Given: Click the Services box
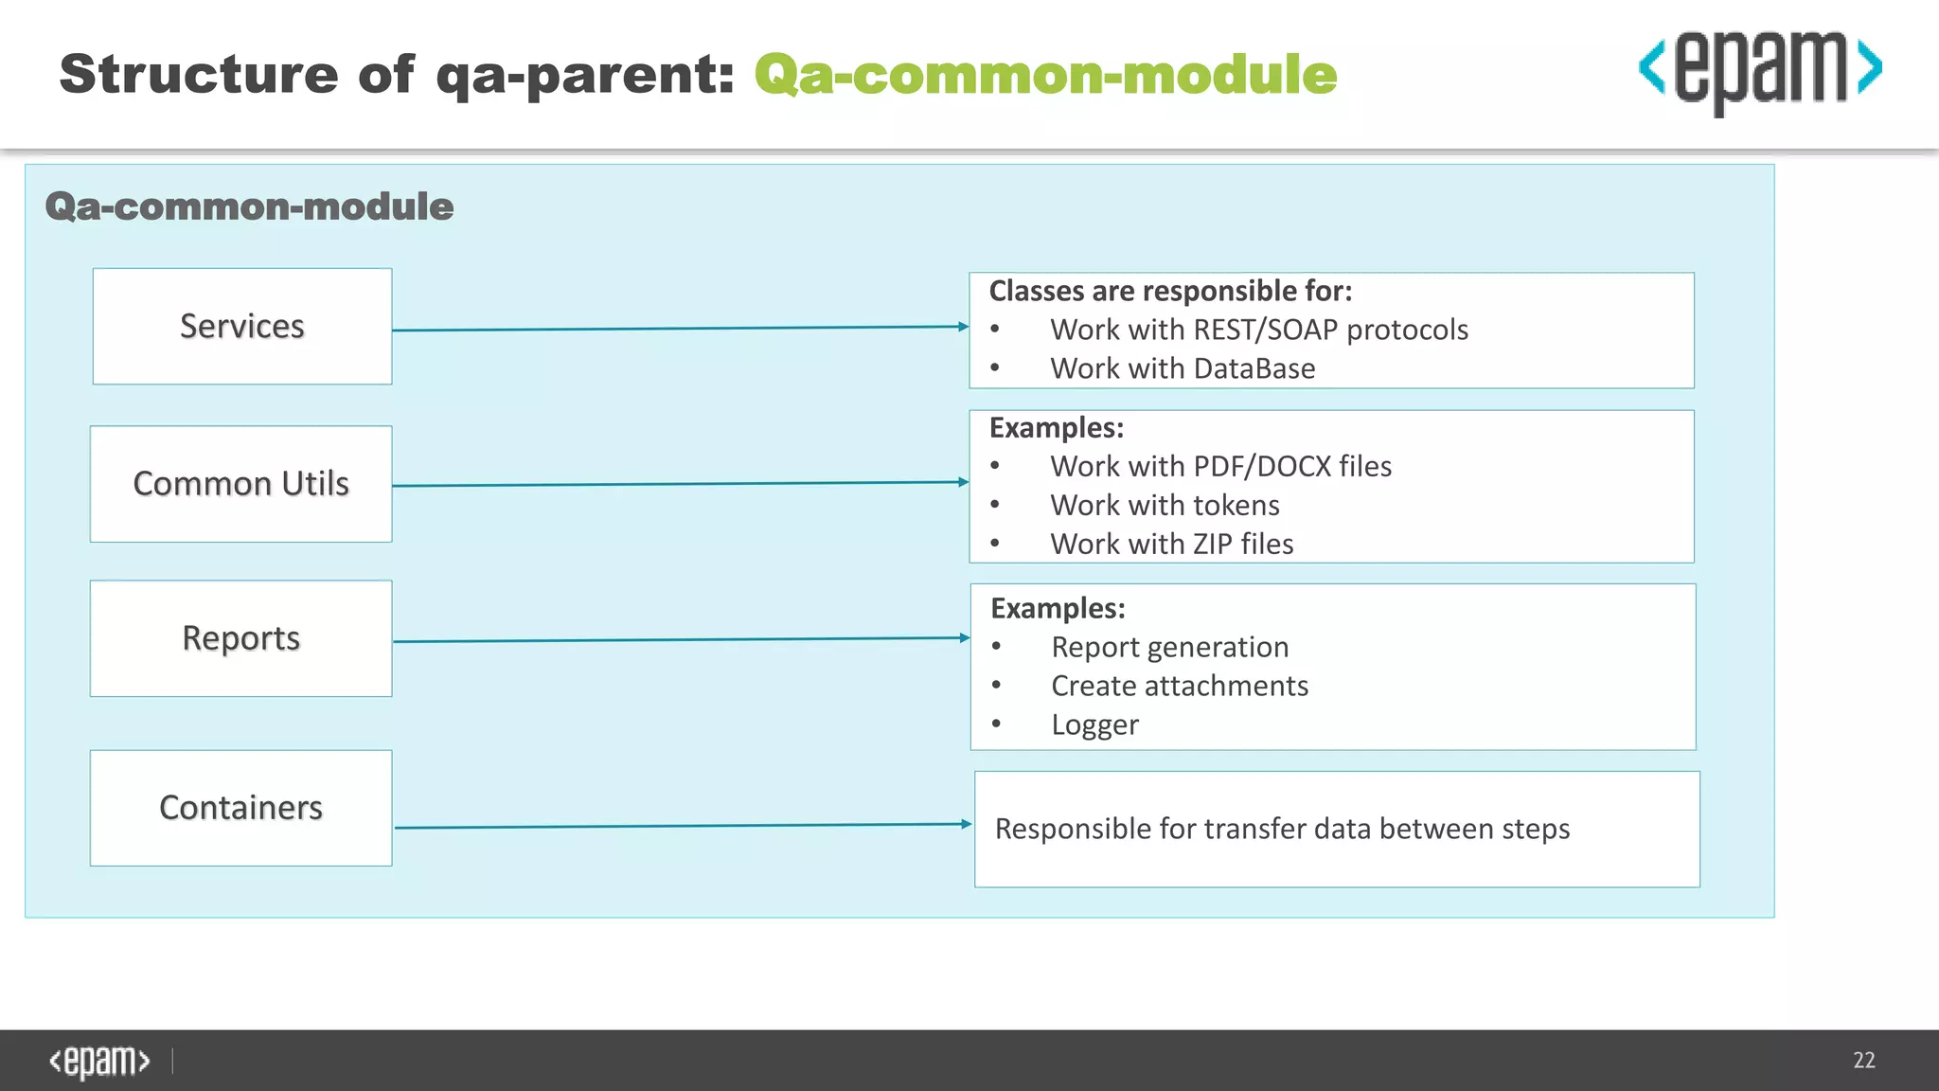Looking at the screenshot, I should click(x=242, y=327).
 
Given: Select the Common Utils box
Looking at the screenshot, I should click(x=241, y=484).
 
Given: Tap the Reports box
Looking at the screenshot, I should click(x=241, y=638).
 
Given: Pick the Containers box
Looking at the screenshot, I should click(x=241, y=808).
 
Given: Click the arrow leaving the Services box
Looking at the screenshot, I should click(x=680, y=329).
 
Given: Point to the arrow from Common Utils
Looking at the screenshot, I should click(x=680, y=484).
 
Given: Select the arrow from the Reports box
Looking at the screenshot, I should click(x=680, y=639).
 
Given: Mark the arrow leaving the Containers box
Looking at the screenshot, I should click(x=682, y=826).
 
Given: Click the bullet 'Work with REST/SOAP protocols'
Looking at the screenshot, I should click(x=1258, y=330).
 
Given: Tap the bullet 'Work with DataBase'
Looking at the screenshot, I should click(x=1183, y=368).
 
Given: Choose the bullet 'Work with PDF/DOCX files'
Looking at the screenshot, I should click(x=1220, y=467).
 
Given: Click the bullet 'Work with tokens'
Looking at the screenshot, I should click(x=1165, y=506).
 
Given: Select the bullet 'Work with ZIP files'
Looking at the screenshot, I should click(x=1171, y=545).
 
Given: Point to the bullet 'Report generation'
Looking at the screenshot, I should click(x=1169, y=648).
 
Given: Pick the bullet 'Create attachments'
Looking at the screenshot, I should click(x=1180, y=687).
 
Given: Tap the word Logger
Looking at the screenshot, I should click(x=1094, y=725).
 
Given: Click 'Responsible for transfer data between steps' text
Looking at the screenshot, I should click(x=1282, y=830).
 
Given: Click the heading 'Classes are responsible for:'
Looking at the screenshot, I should click(x=1170, y=291).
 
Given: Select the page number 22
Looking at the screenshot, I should click(x=1863, y=1061).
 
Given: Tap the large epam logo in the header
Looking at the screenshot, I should click(x=1760, y=71).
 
